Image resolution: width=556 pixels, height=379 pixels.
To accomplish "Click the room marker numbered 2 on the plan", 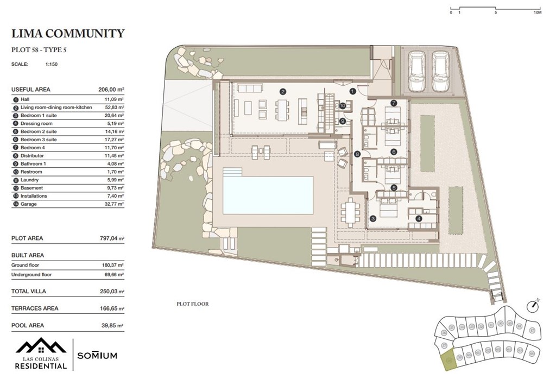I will click(282, 92).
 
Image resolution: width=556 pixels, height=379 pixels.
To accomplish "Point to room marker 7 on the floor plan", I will click(394, 103).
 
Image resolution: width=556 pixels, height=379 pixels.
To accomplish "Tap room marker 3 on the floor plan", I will click(373, 219).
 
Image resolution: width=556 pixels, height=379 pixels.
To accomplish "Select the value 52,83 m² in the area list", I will click(115, 108).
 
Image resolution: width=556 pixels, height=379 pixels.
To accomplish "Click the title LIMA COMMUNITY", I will click(67, 34).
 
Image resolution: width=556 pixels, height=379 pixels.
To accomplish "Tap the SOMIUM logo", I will click(97, 356).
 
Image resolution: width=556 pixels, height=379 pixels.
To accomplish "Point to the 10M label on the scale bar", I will click(538, 11).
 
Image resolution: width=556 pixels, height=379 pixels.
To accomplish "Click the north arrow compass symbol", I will click(535, 305).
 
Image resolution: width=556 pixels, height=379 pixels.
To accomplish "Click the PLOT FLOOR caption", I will click(192, 304).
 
